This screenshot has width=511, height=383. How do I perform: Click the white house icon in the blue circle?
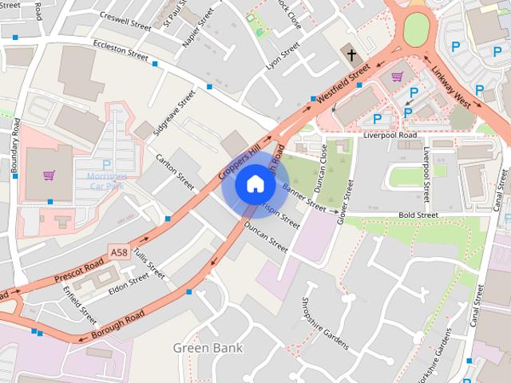(x=255, y=184)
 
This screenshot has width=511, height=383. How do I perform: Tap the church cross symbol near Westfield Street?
(x=351, y=54)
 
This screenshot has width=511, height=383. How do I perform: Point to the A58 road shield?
(x=119, y=252)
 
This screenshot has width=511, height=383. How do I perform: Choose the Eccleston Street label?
(x=121, y=49)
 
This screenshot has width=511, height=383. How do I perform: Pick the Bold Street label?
(x=418, y=215)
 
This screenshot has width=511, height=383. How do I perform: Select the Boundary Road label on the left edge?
(x=15, y=147)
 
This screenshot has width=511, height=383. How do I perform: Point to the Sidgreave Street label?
(x=176, y=111)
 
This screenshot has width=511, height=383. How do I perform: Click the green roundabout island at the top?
(x=416, y=30)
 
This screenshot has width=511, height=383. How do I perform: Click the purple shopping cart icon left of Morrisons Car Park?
(x=50, y=176)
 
